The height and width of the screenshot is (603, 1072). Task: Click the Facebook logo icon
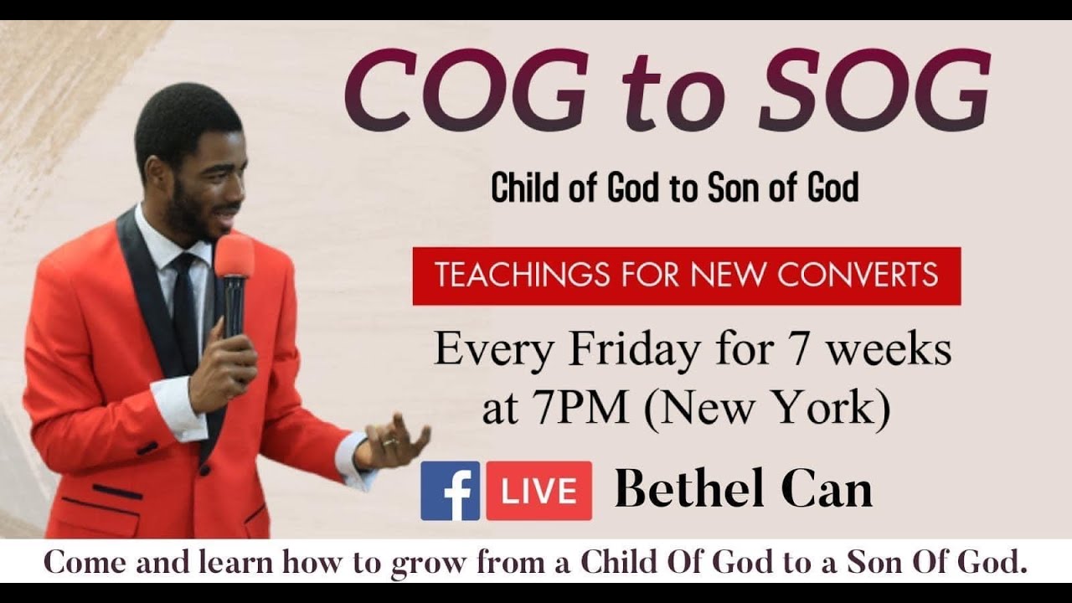click(x=450, y=491)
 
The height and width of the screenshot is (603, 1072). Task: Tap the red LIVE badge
click(x=539, y=491)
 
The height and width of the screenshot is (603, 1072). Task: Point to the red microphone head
click(x=234, y=255)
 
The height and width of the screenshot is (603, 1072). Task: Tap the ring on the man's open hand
click(x=390, y=442)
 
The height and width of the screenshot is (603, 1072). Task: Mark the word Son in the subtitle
click(x=734, y=188)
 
